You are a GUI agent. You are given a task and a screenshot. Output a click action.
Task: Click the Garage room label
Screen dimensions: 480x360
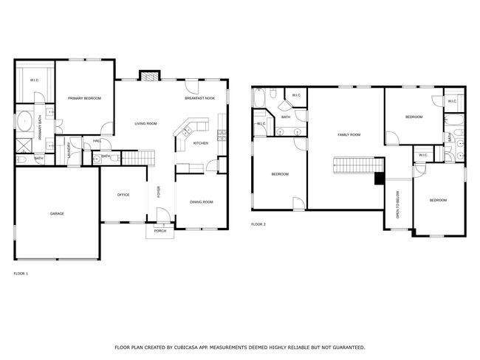58,213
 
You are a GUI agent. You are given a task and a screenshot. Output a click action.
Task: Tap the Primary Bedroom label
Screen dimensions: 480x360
84,98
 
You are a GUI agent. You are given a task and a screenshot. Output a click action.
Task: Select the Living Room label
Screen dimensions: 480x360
145,124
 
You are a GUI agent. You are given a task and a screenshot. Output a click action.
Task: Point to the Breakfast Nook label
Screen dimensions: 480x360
199,98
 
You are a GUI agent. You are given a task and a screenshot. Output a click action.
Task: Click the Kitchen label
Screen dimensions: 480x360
201,143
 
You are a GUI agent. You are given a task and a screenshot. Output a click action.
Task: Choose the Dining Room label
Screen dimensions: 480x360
202,202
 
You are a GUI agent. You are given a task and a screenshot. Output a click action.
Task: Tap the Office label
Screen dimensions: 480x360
123,195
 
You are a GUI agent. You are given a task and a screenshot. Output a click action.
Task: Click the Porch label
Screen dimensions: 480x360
160,231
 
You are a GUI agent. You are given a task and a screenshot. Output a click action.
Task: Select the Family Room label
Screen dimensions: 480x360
349,134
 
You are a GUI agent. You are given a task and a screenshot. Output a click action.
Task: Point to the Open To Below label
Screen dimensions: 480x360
397,204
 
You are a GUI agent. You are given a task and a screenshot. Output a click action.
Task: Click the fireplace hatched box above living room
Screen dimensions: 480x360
150,77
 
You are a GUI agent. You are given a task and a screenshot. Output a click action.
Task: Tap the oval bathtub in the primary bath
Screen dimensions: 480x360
25,122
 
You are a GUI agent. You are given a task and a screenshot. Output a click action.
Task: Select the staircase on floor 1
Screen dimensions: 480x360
138,158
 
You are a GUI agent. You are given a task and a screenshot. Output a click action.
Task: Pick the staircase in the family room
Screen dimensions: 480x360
358,165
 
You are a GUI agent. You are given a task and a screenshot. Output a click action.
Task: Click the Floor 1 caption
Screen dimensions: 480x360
21,274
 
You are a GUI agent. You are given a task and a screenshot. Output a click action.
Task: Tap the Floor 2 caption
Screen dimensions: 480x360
258,224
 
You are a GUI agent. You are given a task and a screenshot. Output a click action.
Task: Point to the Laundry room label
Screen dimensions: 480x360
69,150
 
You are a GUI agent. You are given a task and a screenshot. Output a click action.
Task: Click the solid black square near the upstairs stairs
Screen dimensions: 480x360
380,179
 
